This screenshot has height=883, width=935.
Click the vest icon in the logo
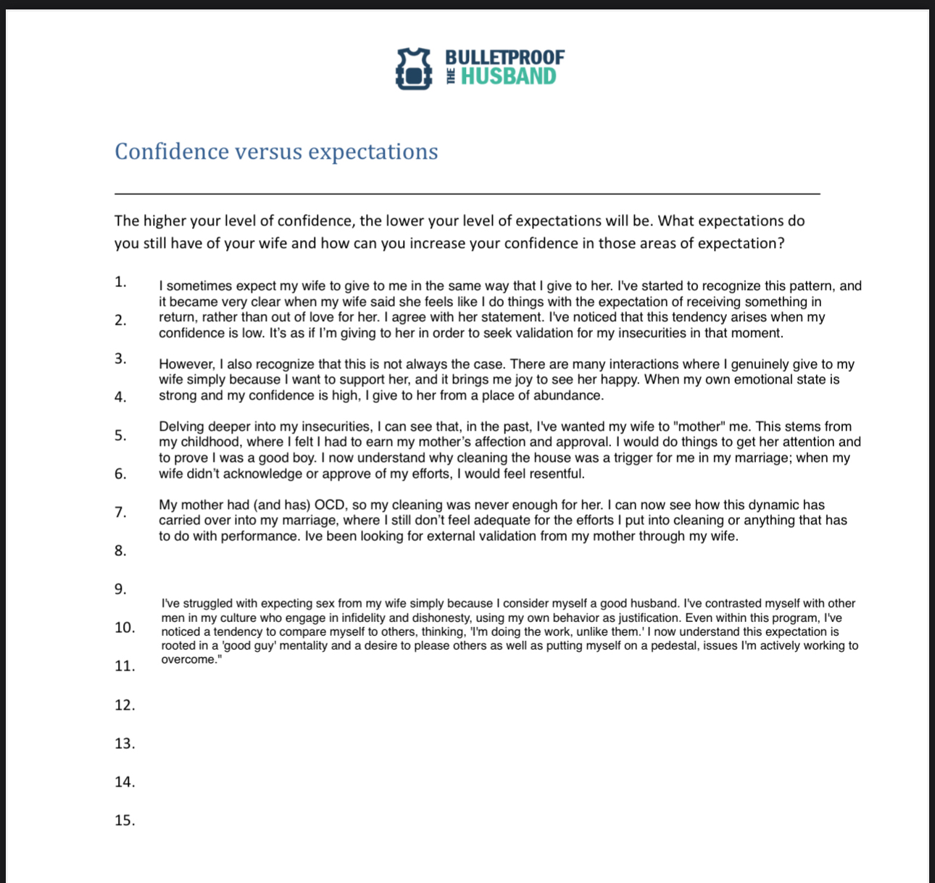(413, 68)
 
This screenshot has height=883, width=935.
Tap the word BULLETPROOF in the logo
(504, 57)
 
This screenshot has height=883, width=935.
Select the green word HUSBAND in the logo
(508, 77)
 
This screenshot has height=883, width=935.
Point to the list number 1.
(120, 282)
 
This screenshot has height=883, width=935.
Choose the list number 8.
(120, 551)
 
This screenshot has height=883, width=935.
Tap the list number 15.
(125, 821)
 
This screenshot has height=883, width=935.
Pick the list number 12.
(125, 705)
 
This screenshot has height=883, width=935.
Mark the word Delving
(181, 427)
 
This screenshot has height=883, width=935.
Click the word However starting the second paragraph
(187, 364)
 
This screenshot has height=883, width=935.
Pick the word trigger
(612, 458)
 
